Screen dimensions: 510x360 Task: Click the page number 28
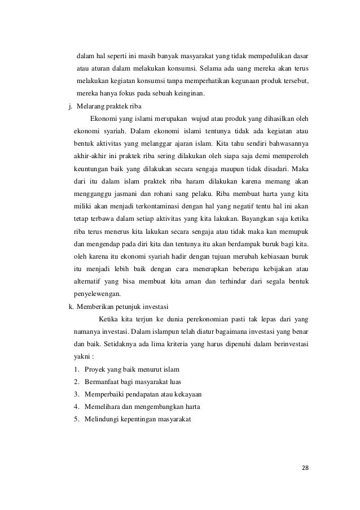(x=305, y=468)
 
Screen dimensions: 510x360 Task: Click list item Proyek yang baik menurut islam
(x=131, y=369)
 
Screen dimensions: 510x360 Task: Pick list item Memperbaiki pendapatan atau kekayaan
(x=143, y=394)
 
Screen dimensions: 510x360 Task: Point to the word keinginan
(x=190, y=93)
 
